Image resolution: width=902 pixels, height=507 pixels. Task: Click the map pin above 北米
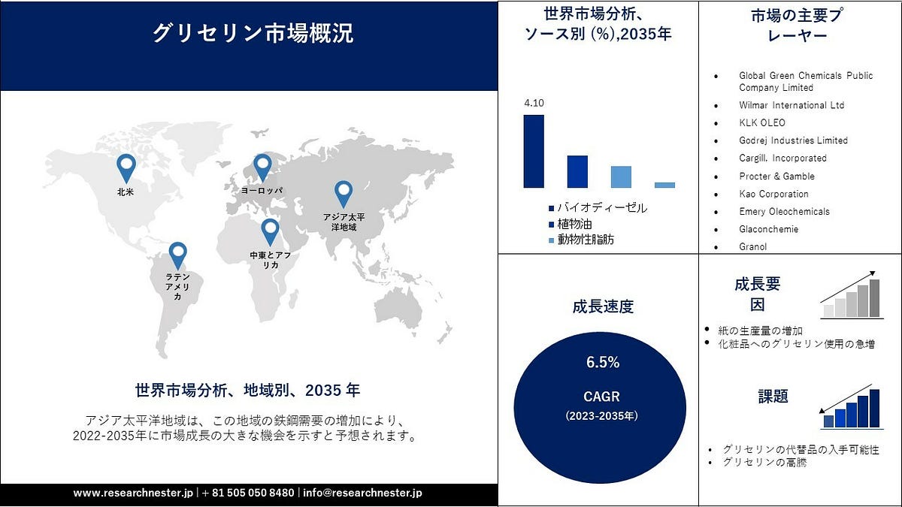(x=126, y=167)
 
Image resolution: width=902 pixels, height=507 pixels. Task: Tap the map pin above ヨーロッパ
(x=262, y=167)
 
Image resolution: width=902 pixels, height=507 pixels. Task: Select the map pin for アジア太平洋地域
(x=344, y=194)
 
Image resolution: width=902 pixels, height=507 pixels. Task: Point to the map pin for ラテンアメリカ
(x=177, y=255)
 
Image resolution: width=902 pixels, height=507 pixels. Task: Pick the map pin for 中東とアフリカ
(x=269, y=231)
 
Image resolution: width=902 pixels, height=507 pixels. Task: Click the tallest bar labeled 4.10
(x=534, y=151)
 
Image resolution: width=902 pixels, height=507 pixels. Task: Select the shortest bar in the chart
(x=664, y=185)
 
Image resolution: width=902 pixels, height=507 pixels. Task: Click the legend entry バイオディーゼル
(x=597, y=207)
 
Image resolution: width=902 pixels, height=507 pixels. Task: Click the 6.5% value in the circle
(x=603, y=363)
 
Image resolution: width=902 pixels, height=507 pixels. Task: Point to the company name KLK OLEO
(x=761, y=122)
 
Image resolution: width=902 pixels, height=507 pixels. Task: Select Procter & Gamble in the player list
(x=776, y=176)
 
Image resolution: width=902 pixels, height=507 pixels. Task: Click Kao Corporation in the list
(x=773, y=194)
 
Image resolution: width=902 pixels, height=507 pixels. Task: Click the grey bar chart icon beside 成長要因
(x=851, y=297)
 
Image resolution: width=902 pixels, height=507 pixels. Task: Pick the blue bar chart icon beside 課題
(x=851, y=408)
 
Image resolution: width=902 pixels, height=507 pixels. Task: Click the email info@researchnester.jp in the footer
(x=363, y=493)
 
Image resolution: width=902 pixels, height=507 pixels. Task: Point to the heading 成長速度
(x=603, y=306)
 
